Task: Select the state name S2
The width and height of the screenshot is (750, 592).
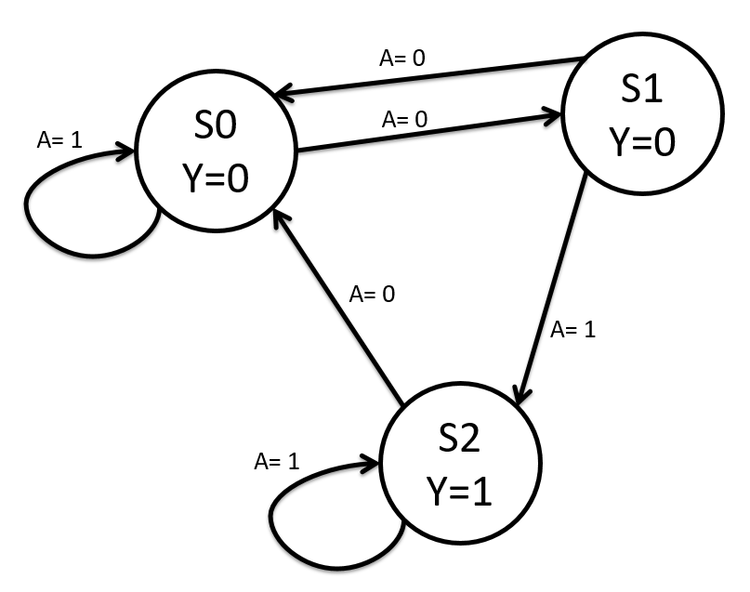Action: click(459, 440)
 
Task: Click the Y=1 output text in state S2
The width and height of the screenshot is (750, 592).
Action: click(459, 489)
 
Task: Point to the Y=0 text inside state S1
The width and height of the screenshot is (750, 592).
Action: click(641, 142)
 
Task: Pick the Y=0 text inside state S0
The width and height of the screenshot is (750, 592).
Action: click(217, 178)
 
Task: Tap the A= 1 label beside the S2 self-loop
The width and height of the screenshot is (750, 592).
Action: click(276, 461)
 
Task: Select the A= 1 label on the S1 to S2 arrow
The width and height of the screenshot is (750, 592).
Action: click(572, 329)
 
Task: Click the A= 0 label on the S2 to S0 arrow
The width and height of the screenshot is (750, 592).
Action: click(372, 295)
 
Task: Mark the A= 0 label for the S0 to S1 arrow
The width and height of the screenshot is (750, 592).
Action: click(405, 120)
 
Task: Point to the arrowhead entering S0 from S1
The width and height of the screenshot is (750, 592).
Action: click(283, 94)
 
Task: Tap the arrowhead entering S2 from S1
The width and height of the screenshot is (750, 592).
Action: click(522, 396)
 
